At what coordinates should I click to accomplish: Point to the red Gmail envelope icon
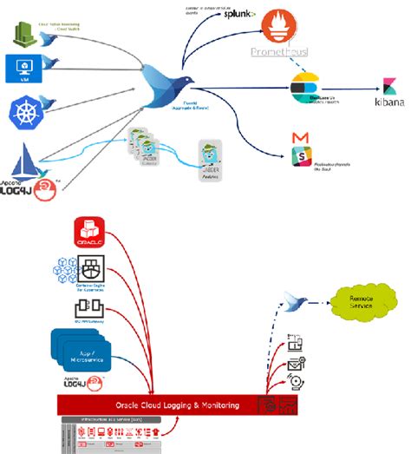[x=300, y=138]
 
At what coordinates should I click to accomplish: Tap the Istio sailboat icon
[x=23, y=162]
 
